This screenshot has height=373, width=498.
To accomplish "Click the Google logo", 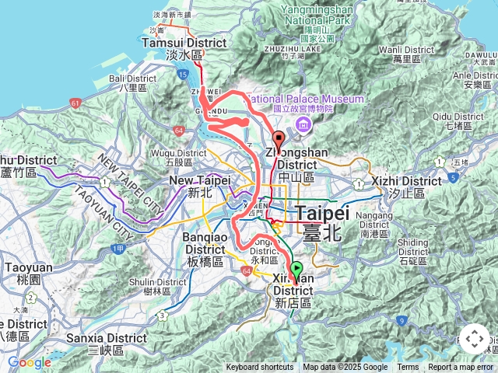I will coord(29,362).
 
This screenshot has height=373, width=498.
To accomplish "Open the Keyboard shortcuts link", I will coord(260,368).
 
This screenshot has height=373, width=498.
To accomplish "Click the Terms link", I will coord(408,368).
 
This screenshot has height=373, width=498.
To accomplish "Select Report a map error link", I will coord(461,368).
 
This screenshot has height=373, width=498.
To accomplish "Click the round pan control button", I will coord(475,340).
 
